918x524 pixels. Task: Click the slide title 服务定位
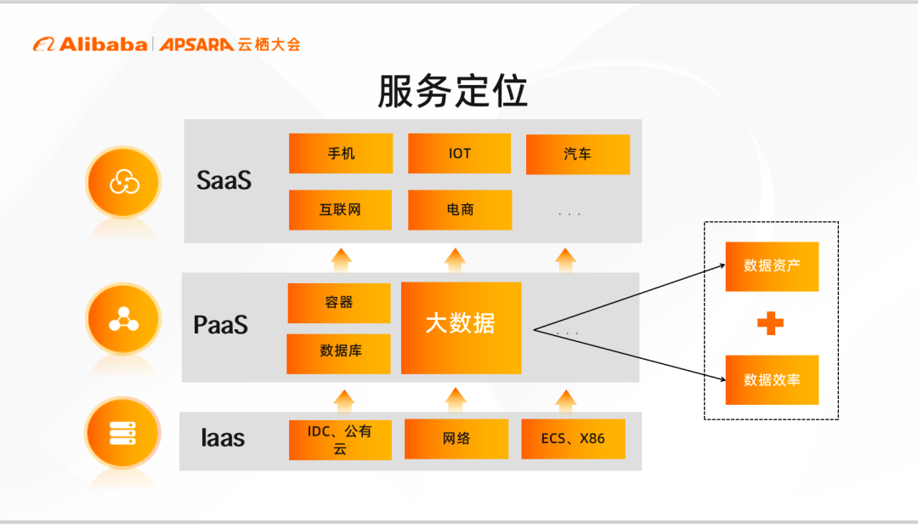pyautogui.click(x=452, y=91)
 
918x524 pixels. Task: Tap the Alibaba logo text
pyautogui.click(x=103, y=44)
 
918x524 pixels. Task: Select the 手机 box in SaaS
pyautogui.click(x=341, y=154)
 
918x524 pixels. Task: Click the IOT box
pyautogui.click(x=460, y=154)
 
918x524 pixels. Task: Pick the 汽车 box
pyautogui.click(x=578, y=154)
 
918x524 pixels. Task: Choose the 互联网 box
pyautogui.click(x=340, y=210)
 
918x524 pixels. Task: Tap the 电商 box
pyautogui.click(x=460, y=210)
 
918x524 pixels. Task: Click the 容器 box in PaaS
pyautogui.click(x=339, y=303)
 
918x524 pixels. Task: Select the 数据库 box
pyautogui.click(x=338, y=353)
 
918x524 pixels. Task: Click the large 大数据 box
pyautogui.click(x=462, y=328)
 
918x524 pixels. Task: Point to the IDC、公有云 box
pyautogui.click(x=340, y=440)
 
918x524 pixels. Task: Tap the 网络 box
pyautogui.click(x=456, y=439)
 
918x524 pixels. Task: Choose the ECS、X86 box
pyautogui.click(x=573, y=439)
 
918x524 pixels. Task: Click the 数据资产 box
pyautogui.click(x=772, y=267)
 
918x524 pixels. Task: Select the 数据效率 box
pyautogui.click(x=772, y=379)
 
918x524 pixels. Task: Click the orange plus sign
pyautogui.click(x=770, y=323)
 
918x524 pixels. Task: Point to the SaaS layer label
pyautogui.click(x=224, y=180)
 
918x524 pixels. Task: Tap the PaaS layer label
pyautogui.click(x=221, y=325)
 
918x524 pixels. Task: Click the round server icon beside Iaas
pyautogui.click(x=123, y=433)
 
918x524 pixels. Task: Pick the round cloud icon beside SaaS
pyautogui.click(x=123, y=182)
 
